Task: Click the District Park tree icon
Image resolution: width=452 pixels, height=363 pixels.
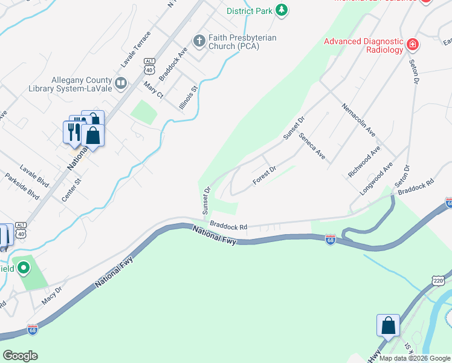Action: [x=281, y=10]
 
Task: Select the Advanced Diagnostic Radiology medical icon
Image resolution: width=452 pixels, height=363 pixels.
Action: [x=413, y=44]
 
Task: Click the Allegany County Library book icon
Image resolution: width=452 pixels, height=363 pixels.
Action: [x=121, y=83]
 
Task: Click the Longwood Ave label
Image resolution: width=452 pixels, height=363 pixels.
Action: [x=376, y=178]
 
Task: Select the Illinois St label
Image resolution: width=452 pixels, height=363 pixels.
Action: [x=189, y=97]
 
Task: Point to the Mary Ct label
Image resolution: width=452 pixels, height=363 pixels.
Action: [x=153, y=90]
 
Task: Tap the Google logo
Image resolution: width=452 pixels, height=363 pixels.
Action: [x=20, y=356]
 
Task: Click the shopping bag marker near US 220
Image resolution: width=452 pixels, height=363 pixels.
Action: [x=388, y=325]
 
